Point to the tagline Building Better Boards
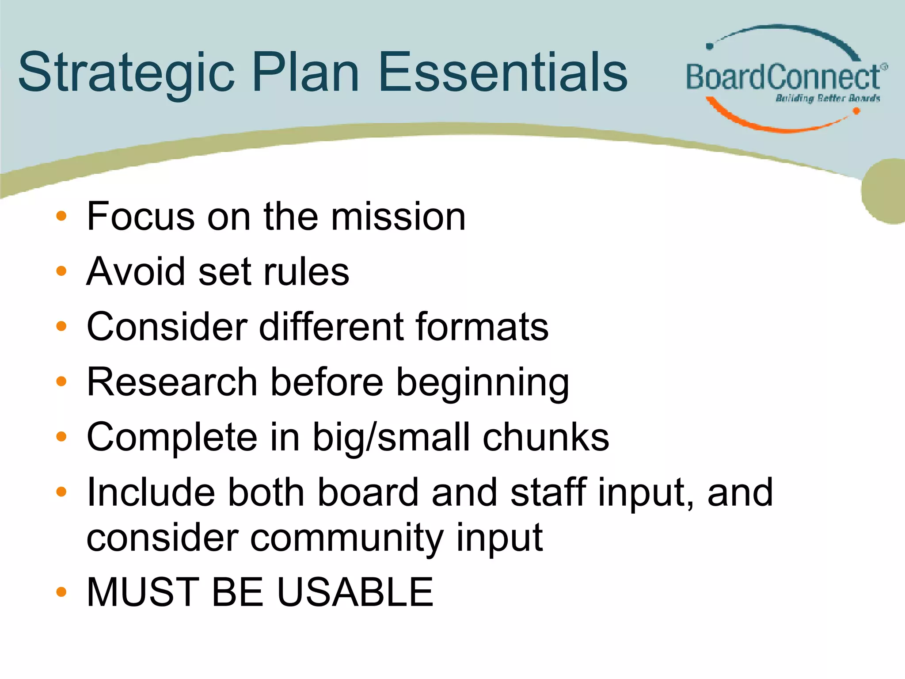pos(827,98)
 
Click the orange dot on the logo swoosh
pos(856,111)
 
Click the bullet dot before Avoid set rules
pos(61,271)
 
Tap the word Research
pos(172,382)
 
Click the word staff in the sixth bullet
pos(548,492)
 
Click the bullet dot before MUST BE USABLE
pos(61,592)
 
